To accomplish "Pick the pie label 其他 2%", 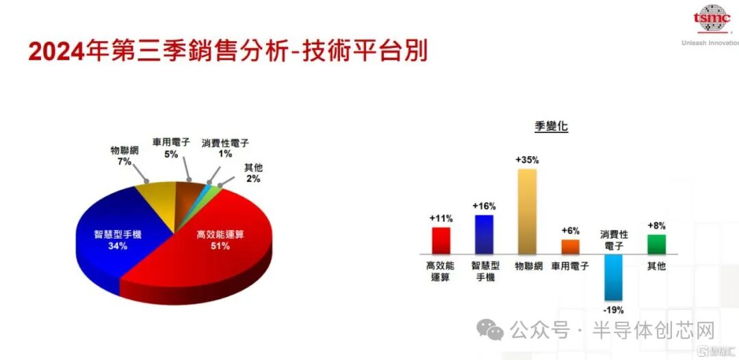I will click(252, 172).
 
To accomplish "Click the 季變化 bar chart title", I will click(551, 126).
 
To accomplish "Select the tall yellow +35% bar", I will click(527, 211).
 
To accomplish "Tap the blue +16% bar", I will click(484, 234).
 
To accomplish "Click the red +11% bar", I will click(441, 240).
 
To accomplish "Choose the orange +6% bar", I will click(570, 246).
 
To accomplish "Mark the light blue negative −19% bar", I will click(613, 277).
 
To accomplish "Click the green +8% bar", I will click(656, 244).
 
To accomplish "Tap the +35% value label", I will click(527, 159).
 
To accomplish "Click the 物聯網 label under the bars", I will click(528, 266).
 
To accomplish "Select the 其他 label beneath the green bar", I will click(656, 266).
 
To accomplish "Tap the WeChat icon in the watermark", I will click(490, 331).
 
